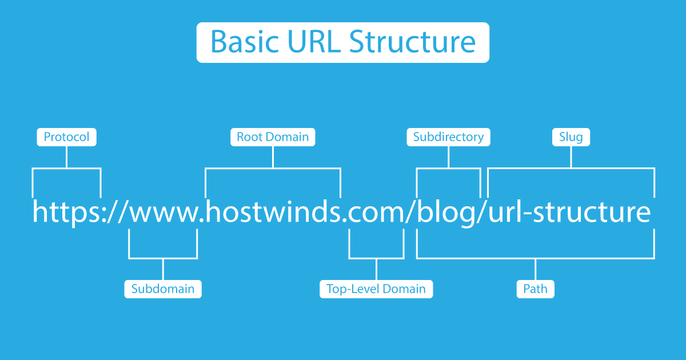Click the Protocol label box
(67, 137)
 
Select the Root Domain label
(273, 137)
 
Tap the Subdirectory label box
(448, 137)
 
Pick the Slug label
(571, 137)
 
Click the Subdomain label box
(163, 289)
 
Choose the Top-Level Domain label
(376, 289)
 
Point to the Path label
(536, 289)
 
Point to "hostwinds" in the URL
(273, 211)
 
